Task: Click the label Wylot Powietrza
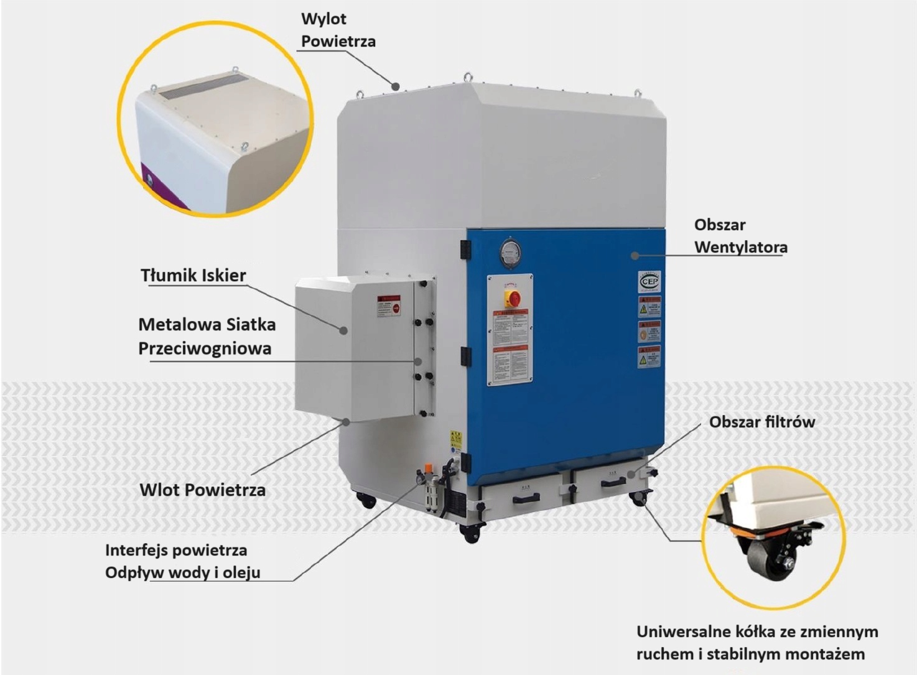[338, 30]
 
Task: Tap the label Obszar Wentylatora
[740, 236]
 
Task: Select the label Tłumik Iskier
[193, 275]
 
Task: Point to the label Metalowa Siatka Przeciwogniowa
[207, 336]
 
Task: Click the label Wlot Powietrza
[202, 490]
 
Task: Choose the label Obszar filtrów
[761, 422]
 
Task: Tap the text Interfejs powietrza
[176, 550]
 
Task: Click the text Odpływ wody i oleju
[182, 572]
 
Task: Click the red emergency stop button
[512, 297]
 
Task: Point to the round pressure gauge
[509, 253]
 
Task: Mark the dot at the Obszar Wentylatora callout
[635, 255]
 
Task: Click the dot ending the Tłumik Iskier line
[343, 330]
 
